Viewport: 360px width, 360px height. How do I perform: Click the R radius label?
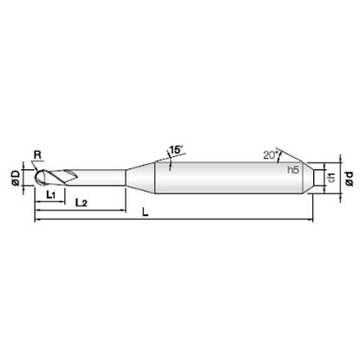point(37,155)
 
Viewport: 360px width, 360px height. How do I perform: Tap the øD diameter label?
point(16,178)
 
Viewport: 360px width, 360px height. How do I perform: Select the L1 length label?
point(51,195)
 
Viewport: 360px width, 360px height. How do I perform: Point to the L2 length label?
point(81,203)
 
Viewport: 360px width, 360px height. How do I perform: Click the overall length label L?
point(146,213)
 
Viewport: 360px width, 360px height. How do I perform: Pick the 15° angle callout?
point(176,150)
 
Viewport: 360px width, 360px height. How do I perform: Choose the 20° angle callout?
point(271,155)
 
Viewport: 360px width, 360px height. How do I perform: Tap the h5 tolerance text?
point(293,170)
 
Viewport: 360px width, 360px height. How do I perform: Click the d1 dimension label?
point(331,178)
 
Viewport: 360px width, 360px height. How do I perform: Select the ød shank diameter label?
point(350,179)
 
